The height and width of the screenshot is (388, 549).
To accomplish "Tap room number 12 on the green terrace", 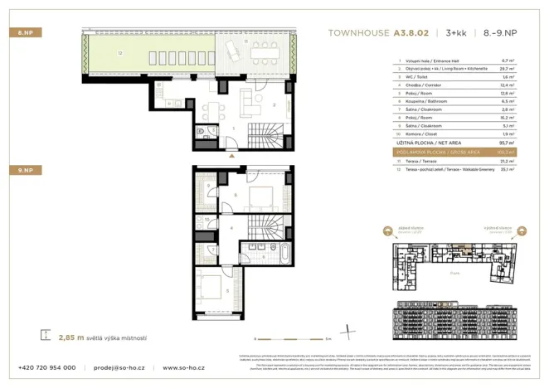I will point(120,54).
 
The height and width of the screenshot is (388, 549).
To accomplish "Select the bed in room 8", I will point(265,196).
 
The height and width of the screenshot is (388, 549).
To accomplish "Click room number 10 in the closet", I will point(207,221).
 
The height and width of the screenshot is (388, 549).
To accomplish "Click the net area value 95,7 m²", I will point(507,143).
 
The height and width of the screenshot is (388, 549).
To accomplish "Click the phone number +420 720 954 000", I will point(47,367).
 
